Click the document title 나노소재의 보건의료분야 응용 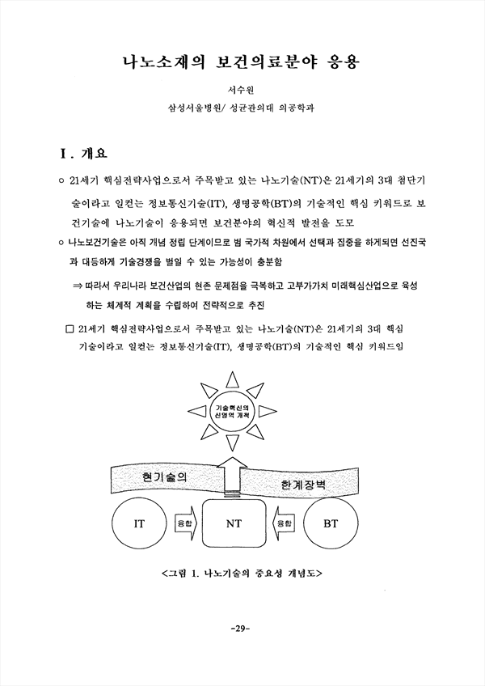[241, 62]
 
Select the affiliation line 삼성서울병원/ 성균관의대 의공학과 [241, 108]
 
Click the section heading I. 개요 [83, 154]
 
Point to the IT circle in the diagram [139, 523]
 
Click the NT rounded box [234, 523]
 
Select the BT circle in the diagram [331, 523]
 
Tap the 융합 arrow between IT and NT [185, 523]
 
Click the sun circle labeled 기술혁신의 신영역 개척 [232, 411]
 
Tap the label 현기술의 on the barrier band [165, 476]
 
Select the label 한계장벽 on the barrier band [303, 485]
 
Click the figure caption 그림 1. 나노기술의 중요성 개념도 [242, 573]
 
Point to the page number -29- [240, 629]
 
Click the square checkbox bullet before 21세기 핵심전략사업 [69, 328]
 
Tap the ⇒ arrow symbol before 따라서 [78, 286]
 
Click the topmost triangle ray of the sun [232, 379]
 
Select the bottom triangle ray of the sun [232, 443]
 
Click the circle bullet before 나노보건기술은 [61, 243]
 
